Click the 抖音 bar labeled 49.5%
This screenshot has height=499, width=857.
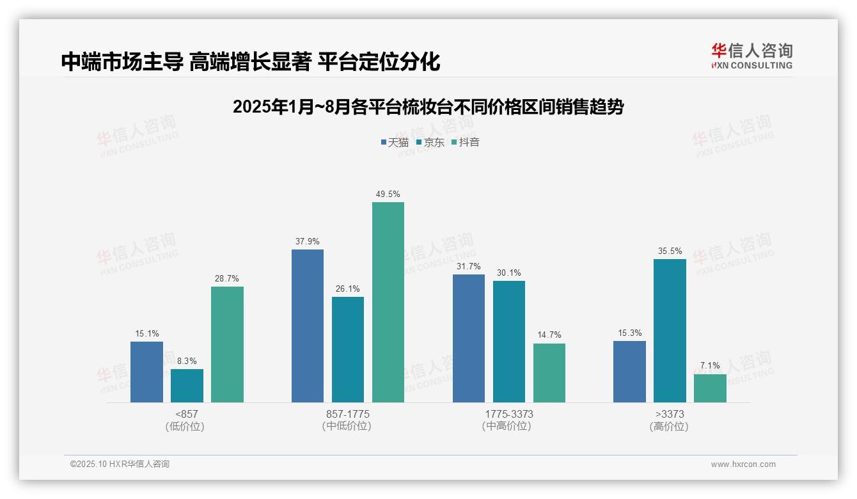click(388, 302)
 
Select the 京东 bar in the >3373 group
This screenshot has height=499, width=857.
click(670, 331)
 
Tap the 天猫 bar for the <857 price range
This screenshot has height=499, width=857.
click(146, 372)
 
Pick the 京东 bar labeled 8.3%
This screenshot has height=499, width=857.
click(187, 386)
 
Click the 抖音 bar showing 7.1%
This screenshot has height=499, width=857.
click(710, 388)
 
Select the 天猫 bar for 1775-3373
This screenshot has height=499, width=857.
click(469, 338)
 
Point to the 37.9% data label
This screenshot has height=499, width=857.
click(307, 242)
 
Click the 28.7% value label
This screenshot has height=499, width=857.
click(227, 279)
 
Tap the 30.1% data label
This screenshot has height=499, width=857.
click(508, 273)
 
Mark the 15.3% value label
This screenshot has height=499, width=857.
click(629, 333)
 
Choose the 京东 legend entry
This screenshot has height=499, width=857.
click(430, 143)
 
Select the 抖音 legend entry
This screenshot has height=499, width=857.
click(465, 143)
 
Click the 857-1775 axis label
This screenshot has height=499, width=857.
click(347, 414)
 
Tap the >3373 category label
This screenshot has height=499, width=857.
click(670, 414)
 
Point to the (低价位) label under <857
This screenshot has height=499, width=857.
click(186, 426)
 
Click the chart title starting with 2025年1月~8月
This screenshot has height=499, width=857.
click(428, 107)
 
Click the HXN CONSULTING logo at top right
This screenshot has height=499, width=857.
click(751, 56)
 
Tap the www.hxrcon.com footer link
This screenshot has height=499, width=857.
click(743, 464)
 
